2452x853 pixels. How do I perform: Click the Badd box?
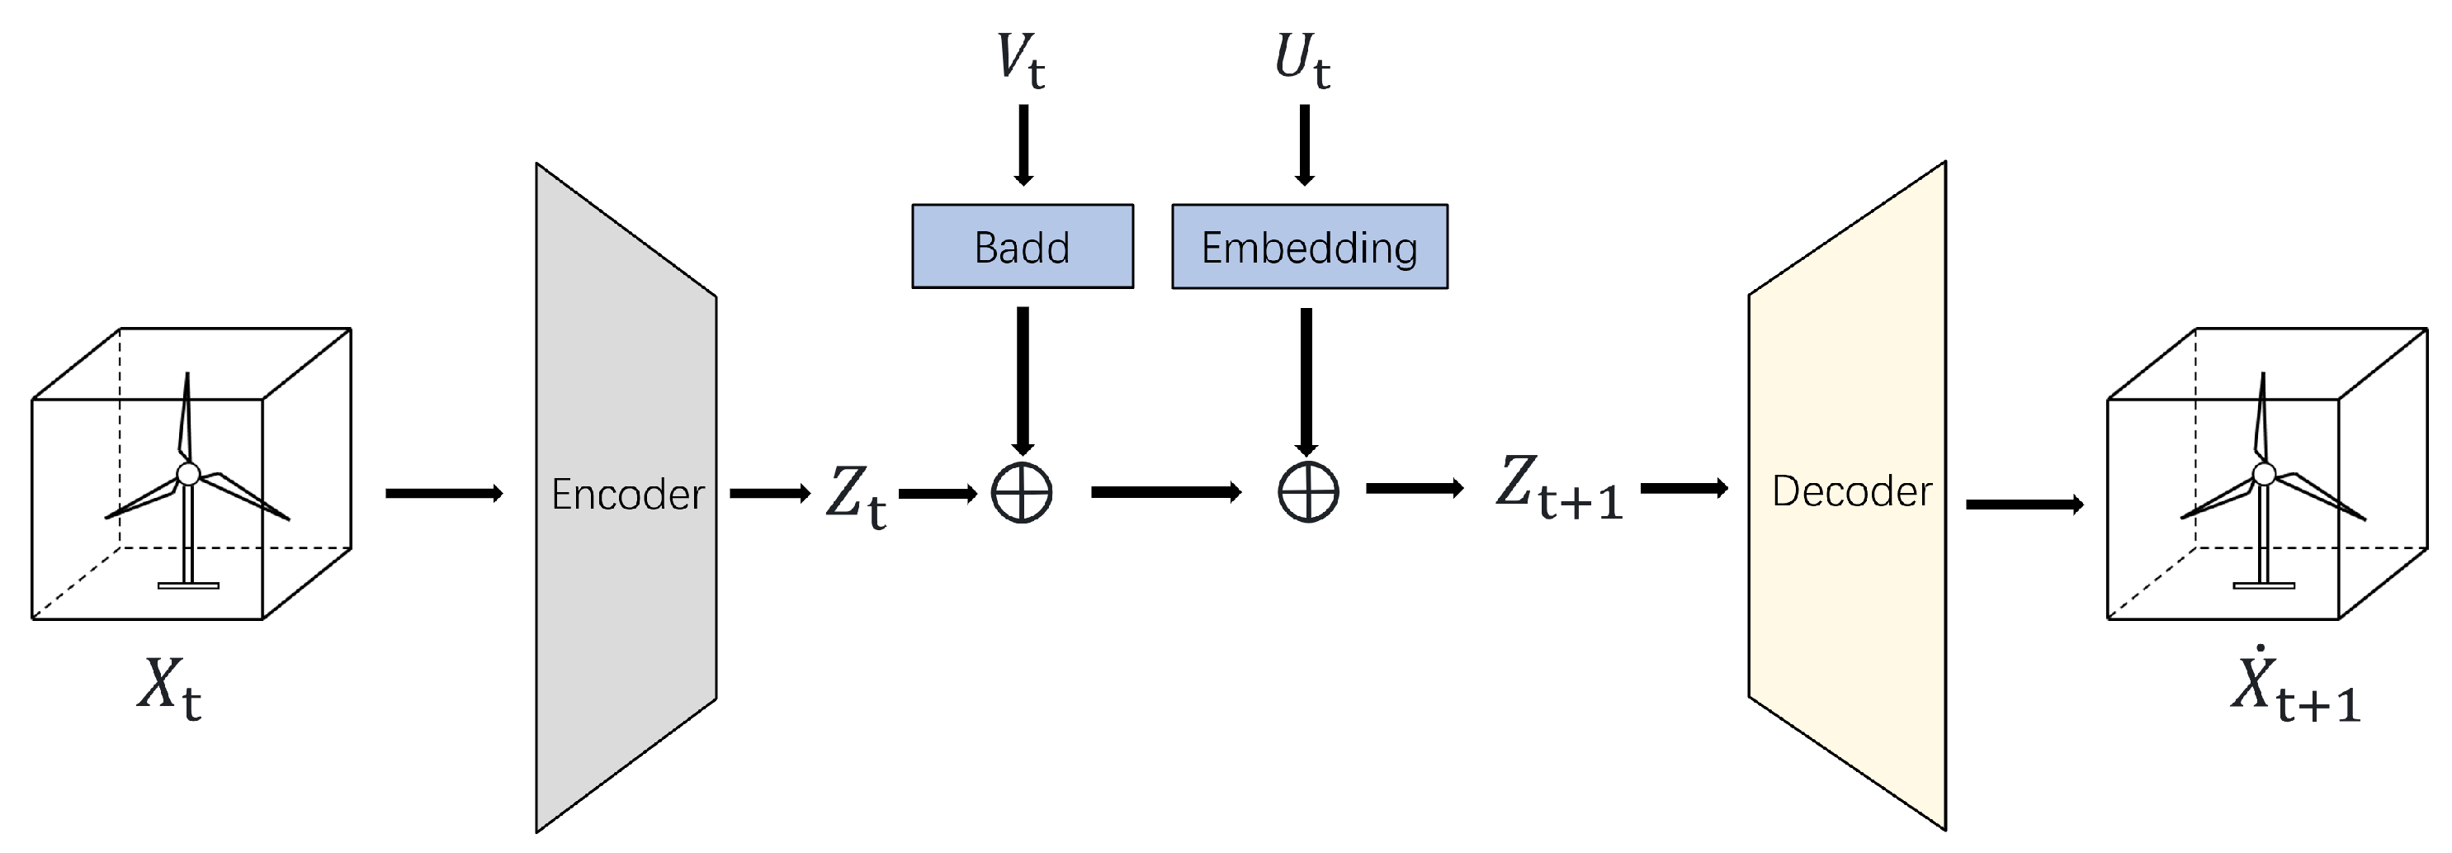1023,247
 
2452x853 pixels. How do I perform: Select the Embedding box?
1309,247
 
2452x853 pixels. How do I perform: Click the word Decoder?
1851,492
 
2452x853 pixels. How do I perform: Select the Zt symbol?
855,496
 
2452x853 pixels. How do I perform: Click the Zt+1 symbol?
1558,488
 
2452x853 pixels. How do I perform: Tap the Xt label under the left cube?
168,687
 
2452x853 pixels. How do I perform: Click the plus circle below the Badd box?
1022,493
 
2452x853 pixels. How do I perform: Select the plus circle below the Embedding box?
1308,492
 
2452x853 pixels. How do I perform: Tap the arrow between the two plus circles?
1165,492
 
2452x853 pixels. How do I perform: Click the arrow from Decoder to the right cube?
2024,505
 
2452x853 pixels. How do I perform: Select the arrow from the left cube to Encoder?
443,493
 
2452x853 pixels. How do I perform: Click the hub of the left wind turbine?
188,473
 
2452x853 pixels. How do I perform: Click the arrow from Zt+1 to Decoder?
1683,488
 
